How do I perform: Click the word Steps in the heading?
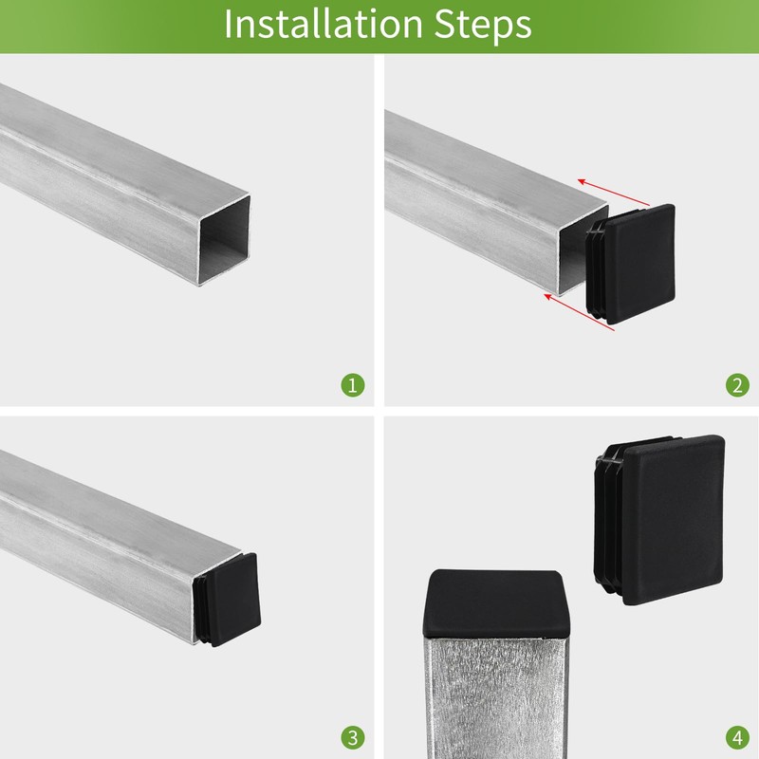[483, 26]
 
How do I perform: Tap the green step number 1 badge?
[353, 385]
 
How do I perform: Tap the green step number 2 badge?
[737, 385]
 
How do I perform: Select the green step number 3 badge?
[353, 738]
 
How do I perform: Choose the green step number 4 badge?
[737, 738]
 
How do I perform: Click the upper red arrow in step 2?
[613, 193]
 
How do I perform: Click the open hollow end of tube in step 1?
[224, 240]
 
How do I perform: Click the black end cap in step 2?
[630, 264]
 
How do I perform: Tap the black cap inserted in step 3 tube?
[227, 601]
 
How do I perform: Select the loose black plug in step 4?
[659, 519]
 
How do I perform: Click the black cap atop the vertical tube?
[494, 603]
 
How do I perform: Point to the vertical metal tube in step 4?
[494, 697]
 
